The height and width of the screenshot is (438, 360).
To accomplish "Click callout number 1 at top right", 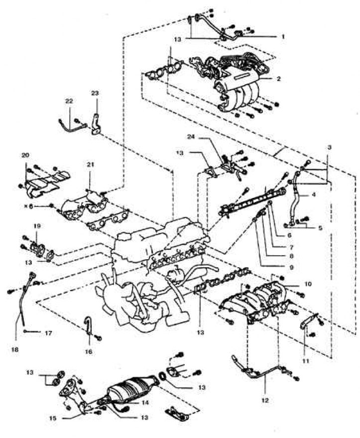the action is tap(283, 37).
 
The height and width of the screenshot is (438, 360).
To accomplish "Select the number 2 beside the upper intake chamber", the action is tap(278, 79).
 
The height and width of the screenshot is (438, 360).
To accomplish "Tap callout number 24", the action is tap(199, 137).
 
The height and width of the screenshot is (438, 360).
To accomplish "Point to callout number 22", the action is tap(69, 102).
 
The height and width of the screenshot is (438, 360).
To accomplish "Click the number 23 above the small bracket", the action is tap(95, 93).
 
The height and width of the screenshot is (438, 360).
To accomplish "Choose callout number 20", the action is tap(25, 155).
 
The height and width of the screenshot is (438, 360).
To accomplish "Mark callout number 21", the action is tap(90, 165).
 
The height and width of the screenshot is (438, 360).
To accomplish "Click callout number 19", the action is tap(37, 225).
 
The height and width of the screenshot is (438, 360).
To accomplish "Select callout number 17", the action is tap(48, 333).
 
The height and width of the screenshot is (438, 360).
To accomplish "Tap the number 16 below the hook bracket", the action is tap(88, 352).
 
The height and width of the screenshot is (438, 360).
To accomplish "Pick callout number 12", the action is tap(265, 400).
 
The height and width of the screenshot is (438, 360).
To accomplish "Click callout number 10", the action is tap(307, 284).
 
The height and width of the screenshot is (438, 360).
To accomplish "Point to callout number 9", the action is tap(291, 267).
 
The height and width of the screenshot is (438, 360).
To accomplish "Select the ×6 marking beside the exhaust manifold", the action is tap(28, 206).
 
